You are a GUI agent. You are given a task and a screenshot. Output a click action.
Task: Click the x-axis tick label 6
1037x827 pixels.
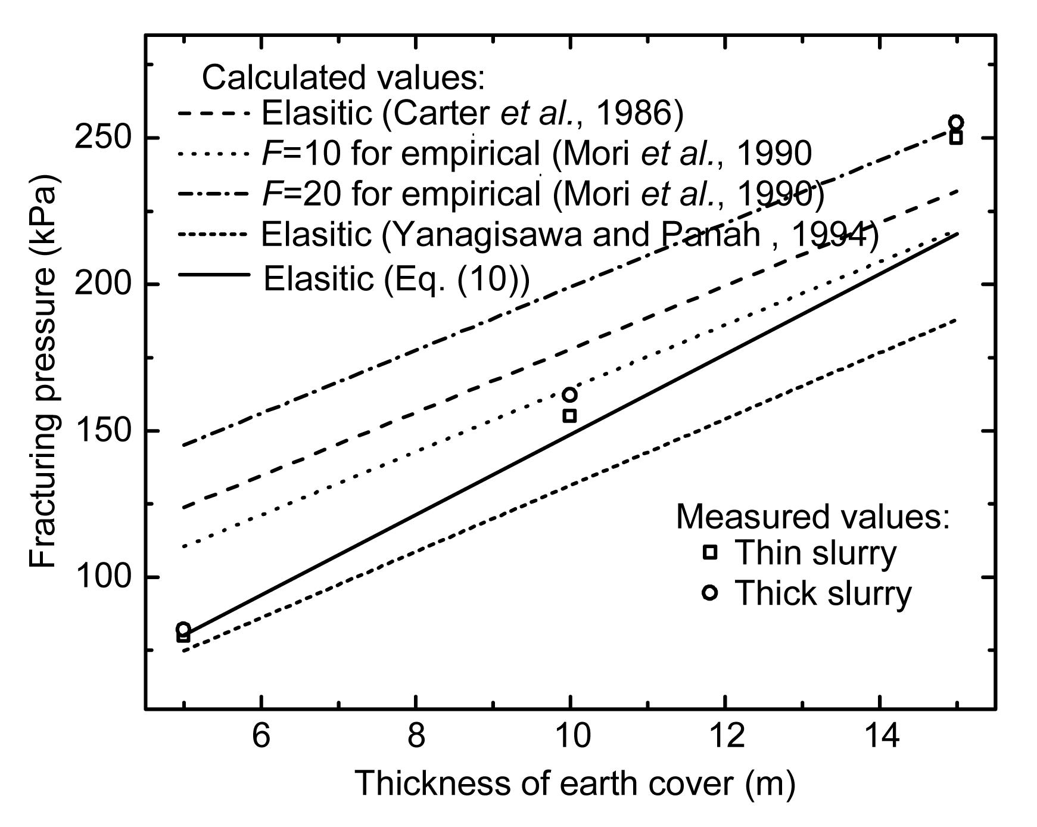pos(261,736)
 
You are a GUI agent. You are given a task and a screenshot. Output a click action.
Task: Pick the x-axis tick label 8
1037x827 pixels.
pos(416,736)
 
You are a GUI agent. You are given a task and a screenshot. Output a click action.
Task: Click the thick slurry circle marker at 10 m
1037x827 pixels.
pos(569,394)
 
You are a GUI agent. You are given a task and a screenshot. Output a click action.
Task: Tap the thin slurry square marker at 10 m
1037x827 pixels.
pos(569,416)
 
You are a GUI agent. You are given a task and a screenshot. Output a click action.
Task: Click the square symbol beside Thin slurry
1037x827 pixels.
pos(709,552)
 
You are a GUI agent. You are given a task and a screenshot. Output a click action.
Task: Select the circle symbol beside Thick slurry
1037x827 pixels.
pos(709,592)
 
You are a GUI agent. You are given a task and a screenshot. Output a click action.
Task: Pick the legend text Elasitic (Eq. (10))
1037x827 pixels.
pos(396,278)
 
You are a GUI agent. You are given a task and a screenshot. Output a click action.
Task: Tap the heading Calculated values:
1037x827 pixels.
pos(344,77)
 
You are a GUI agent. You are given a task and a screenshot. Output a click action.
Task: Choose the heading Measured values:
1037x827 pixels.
pos(812,516)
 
